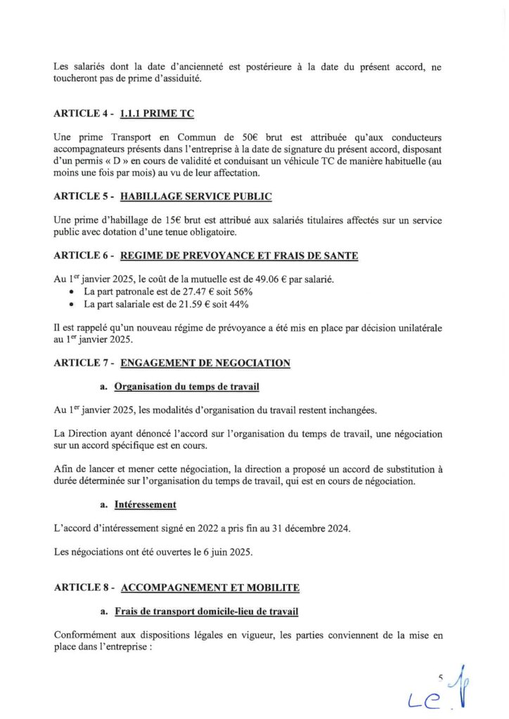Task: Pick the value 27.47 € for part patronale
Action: (x=185, y=292)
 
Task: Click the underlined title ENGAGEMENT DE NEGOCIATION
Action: (x=205, y=363)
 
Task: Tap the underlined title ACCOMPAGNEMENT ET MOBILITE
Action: (x=210, y=587)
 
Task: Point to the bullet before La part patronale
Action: (x=72, y=293)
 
